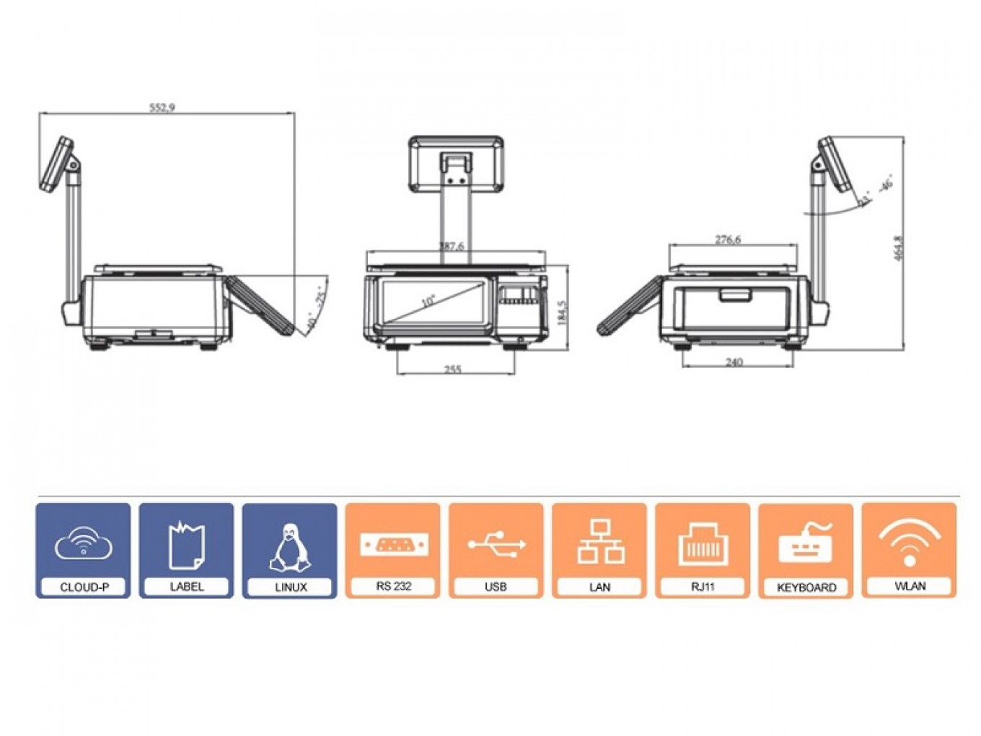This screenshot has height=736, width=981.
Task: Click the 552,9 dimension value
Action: [162, 108]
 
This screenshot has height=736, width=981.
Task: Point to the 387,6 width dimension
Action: [452, 246]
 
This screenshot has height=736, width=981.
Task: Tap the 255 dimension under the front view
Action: [452, 369]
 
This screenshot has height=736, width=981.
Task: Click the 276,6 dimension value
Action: [728, 239]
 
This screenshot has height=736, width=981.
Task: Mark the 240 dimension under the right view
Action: [734, 362]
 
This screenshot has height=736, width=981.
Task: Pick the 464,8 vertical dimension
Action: [898, 248]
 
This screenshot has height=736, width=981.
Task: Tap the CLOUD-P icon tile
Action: [84, 551]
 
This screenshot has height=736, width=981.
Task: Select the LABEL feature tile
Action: [186, 551]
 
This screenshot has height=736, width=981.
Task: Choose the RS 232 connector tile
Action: [393, 551]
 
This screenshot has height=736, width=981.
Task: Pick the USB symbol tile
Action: [496, 551]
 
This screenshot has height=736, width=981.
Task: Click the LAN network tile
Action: [599, 551]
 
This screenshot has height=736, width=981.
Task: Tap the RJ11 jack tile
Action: [703, 551]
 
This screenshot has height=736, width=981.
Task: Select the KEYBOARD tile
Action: [806, 551]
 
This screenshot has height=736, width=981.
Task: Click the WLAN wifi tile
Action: [910, 551]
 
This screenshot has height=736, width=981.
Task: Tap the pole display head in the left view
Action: [58, 165]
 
